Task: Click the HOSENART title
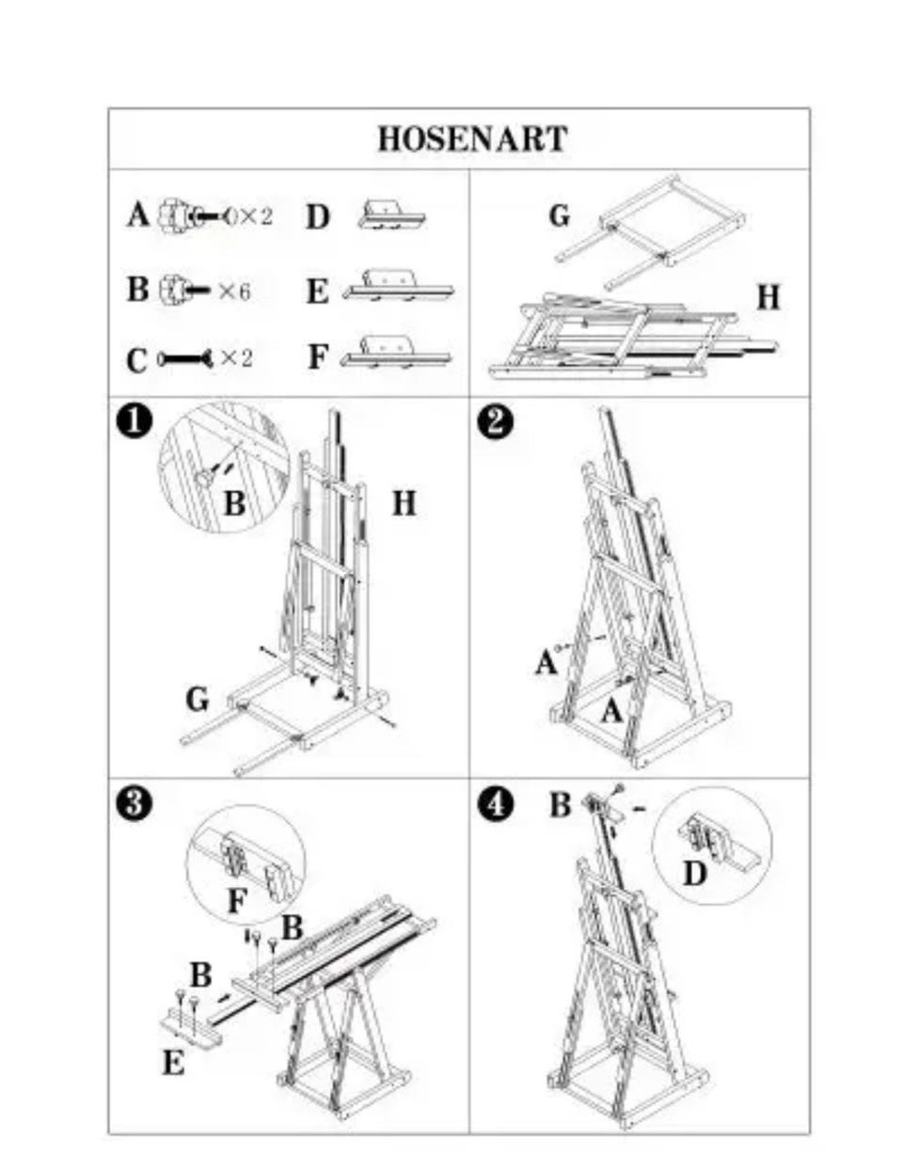(472, 138)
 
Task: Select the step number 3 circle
(135, 803)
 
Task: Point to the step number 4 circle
(495, 805)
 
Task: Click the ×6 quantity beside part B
(234, 292)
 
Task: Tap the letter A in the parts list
(138, 214)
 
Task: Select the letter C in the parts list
(136, 360)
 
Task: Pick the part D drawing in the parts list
(391, 215)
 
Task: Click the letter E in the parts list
(317, 292)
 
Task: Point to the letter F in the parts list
(318, 357)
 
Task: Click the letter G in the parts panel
(560, 215)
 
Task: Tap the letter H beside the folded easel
(768, 297)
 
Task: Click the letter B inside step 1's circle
(234, 504)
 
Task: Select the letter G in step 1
(197, 700)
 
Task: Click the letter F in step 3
(238, 901)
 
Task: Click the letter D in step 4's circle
(694, 873)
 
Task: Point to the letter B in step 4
(561, 805)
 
